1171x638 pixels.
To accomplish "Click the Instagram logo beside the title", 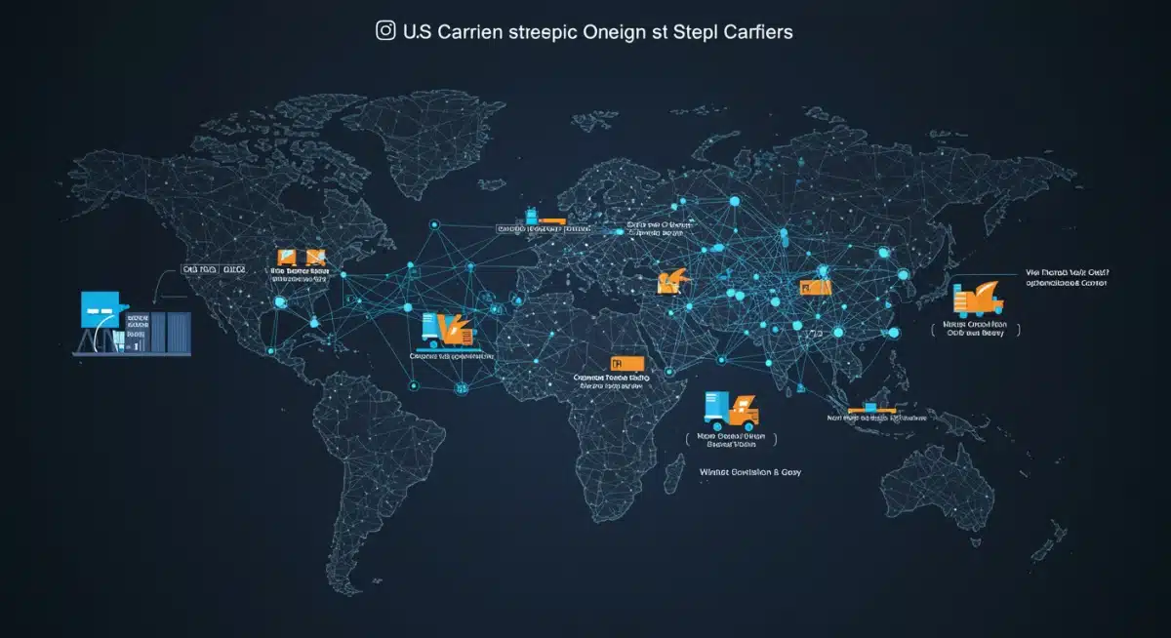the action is pos(385,31).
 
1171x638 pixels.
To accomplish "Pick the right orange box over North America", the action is pos(316,256).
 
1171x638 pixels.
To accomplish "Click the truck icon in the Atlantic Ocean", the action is pos(447,330).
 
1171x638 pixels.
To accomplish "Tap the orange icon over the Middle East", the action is pos(672,282).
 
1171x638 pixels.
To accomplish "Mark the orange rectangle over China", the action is pos(815,287).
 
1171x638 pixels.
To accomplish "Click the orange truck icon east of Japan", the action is pos(979,299).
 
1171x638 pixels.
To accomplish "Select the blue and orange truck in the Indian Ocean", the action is pos(731,411).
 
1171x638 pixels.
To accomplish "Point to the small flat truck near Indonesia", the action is pos(869,406).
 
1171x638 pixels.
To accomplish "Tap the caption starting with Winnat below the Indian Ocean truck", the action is pos(745,472).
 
